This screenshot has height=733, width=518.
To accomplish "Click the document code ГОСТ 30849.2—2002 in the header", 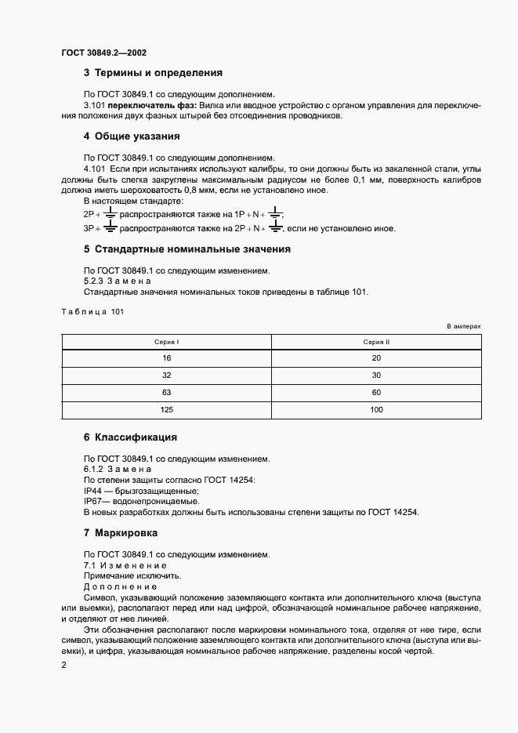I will pyautogui.click(x=103, y=53).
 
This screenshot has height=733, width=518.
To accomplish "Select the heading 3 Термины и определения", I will pyautogui.click(x=153, y=73).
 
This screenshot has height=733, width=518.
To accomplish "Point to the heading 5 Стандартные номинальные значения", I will pyautogui.click(x=187, y=249).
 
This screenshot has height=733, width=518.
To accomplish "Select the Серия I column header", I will pyautogui.click(x=166, y=342).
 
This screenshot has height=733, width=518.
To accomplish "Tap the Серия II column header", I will pyautogui.click(x=376, y=342).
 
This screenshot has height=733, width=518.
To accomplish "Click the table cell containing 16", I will pyautogui.click(x=166, y=357).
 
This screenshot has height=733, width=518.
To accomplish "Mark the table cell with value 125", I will pyautogui.click(x=166, y=410).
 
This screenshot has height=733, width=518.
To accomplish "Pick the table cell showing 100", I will pyautogui.click(x=376, y=410).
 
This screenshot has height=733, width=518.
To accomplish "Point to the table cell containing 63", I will pyautogui.click(x=166, y=393).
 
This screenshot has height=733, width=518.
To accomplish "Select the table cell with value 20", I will pyautogui.click(x=376, y=357).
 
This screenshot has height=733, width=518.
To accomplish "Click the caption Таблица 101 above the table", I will pyautogui.click(x=92, y=312).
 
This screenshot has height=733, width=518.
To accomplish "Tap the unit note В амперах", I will pyautogui.click(x=463, y=325).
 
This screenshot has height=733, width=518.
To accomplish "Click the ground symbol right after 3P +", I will pyautogui.click(x=110, y=227).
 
